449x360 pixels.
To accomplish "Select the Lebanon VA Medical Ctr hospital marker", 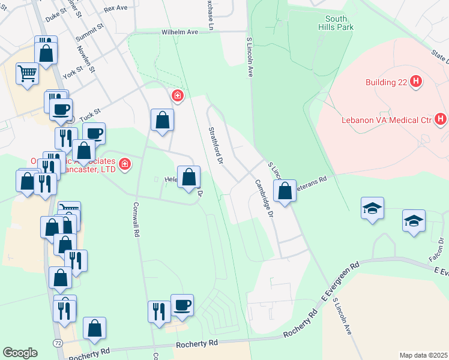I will [x=441, y=119].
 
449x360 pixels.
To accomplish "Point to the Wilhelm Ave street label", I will [x=179, y=32].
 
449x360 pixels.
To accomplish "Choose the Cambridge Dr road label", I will [x=264, y=199].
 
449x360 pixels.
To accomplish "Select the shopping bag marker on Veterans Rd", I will [x=285, y=191].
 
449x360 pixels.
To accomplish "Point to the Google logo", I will [x=20, y=352].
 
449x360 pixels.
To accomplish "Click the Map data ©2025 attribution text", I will [x=423, y=355].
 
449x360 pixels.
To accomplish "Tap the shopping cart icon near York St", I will [x=27, y=74].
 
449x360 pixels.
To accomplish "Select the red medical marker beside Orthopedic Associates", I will [x=124, y=163].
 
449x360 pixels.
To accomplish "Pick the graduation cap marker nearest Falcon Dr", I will [x=414, y=221].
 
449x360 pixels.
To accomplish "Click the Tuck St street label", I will [x=88, y=112].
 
